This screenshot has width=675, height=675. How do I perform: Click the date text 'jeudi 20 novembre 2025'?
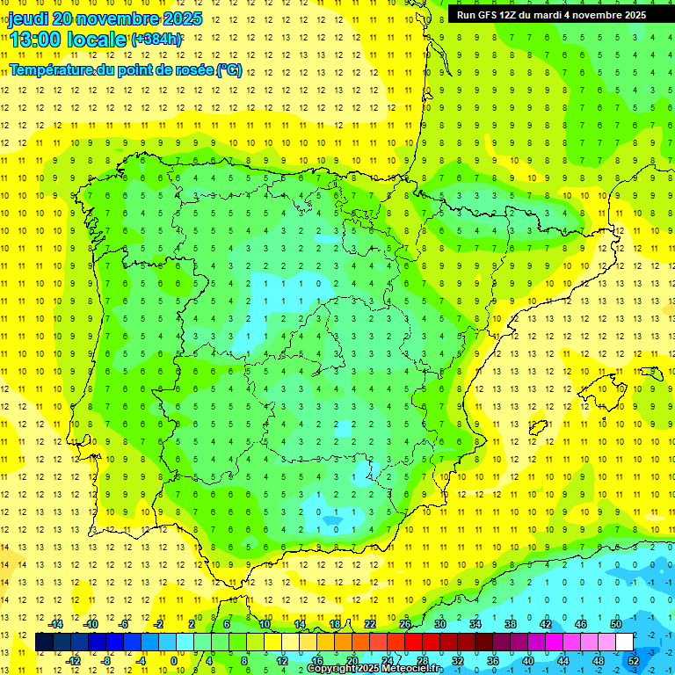point(105,18)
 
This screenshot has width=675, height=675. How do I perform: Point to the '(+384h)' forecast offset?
point(156,39)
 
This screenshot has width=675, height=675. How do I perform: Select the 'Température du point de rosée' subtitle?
point(125,69)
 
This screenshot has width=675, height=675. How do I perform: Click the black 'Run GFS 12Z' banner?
point(551,14)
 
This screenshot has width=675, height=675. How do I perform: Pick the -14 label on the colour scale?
point(54,624)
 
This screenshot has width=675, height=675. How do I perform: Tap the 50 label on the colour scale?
point(615,624)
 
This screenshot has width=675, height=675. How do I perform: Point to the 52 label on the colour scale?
point(634,660)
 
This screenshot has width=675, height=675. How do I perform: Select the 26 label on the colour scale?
point(404,624)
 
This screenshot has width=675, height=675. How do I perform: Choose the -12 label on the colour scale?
point(72,660)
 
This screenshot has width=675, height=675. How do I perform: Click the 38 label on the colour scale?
point(510,624)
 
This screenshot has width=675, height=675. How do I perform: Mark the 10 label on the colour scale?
point(264,624)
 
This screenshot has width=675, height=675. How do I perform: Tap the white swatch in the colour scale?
point(625,642)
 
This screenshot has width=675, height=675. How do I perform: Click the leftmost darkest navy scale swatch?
point(44,642)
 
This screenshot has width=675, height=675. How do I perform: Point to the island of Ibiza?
point(538,428)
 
